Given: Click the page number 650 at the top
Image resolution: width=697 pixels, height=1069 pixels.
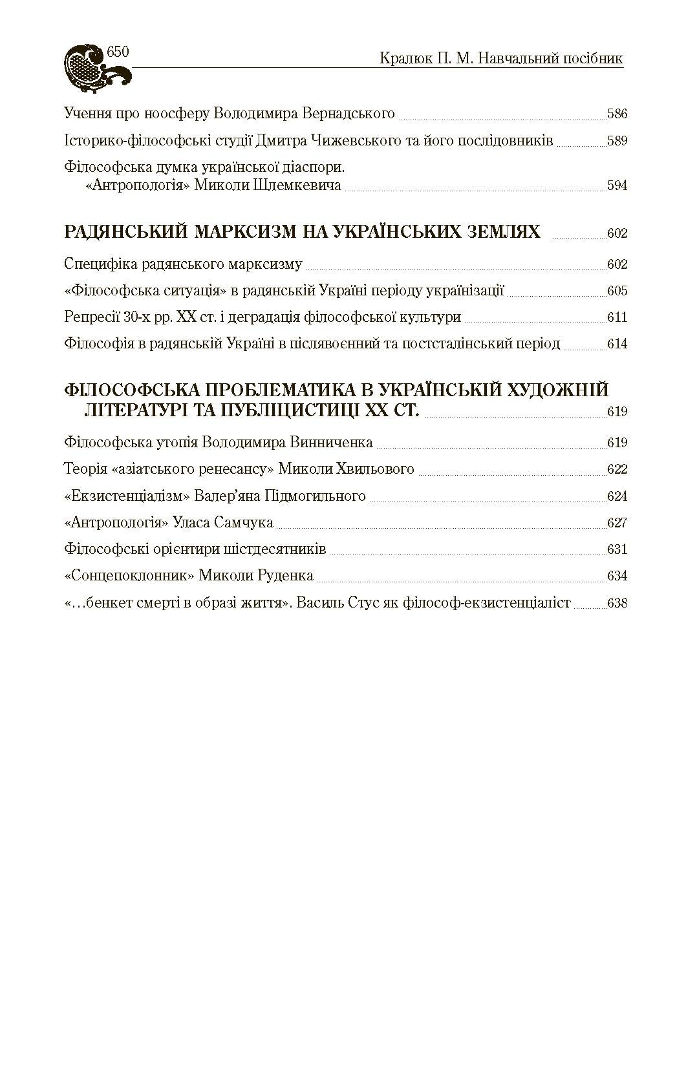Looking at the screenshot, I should point(118,52).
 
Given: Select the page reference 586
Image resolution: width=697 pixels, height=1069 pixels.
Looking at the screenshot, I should point(617,115).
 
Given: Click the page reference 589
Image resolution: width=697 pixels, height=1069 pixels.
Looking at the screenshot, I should point(617,142).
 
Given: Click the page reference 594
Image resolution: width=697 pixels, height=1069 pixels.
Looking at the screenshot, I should point(617,186).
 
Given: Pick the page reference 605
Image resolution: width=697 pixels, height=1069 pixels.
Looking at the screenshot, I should point(617,291).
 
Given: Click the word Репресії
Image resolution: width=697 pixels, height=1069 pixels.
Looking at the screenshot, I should point(91,317).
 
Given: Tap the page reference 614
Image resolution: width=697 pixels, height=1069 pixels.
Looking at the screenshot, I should point(617,344).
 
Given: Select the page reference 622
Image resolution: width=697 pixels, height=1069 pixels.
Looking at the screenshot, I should point(617,470).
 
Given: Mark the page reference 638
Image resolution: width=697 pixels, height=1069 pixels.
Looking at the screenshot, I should point(617,604).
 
